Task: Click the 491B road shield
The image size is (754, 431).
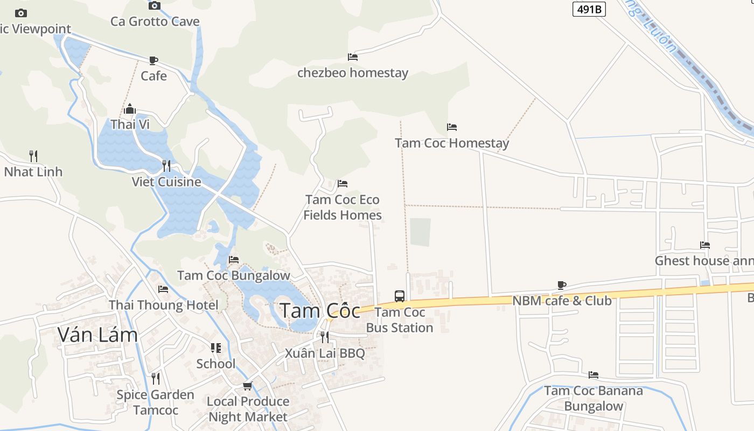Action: [589, 9]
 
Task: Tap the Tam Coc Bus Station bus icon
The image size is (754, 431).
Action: [399, 296]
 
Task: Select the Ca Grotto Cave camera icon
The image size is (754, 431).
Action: [155, 5]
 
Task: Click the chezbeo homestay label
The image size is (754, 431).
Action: [353, 73]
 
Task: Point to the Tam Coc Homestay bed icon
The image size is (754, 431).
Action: [452, 127]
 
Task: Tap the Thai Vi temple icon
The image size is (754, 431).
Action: [130, 109]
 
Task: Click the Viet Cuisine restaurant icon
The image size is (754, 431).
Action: [166, 165]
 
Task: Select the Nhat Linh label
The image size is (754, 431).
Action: [33, 172]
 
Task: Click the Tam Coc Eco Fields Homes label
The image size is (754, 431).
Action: [343, 207]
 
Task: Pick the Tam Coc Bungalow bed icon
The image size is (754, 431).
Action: [234, 259]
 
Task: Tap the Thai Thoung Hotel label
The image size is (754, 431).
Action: [164, 305]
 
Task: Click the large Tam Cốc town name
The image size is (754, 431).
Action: [320, 311]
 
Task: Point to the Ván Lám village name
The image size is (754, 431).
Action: [97, 335]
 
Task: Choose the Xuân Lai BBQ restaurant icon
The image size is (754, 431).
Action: [324, 337]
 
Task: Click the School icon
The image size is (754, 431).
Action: [216, 348]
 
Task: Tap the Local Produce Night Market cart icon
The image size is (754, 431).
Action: [248, 386]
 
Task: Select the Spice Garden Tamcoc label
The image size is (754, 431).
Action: [156, 402]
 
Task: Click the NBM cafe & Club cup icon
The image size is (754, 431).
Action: [562, 284]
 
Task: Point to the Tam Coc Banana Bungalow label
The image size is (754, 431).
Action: [594, 398]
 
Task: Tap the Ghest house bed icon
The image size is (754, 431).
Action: [705, 245]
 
